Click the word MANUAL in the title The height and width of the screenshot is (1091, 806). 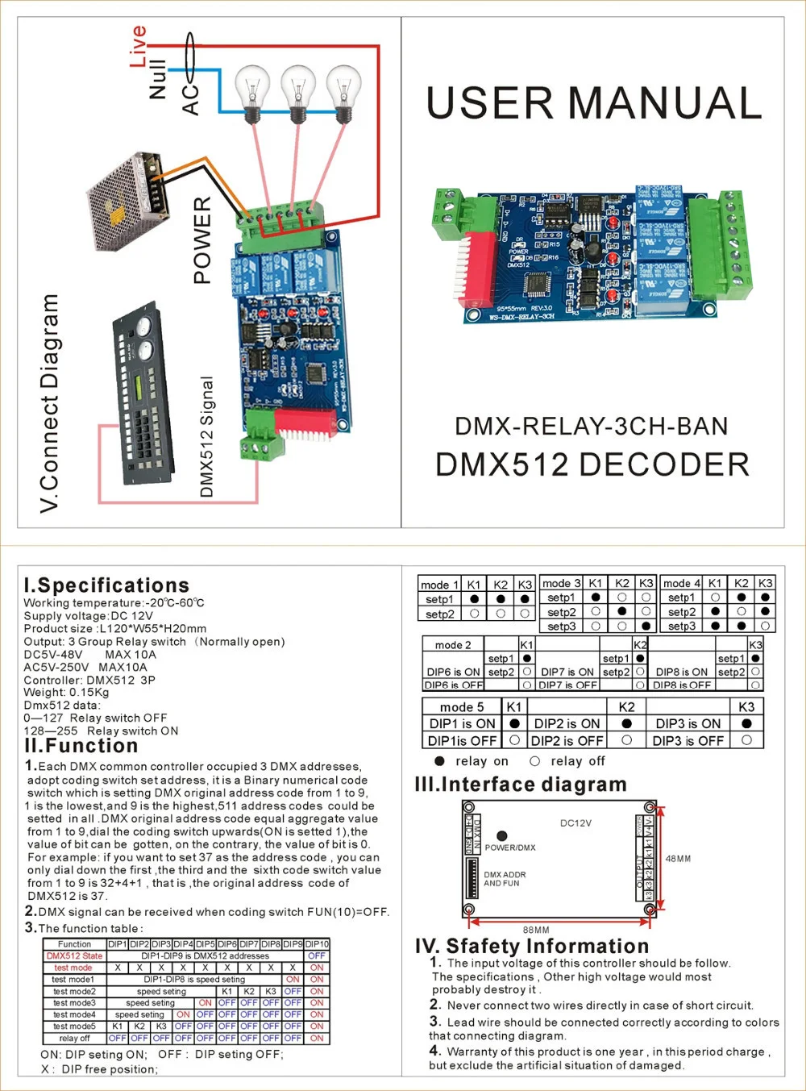665,103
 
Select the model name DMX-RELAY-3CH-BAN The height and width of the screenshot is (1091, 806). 592,426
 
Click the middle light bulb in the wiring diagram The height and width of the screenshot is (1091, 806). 298,93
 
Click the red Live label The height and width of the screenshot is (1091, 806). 138,46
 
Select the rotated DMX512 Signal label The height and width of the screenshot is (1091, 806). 206,436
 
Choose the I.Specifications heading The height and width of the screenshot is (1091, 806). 107,585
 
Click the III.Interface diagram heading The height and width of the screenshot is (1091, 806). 521,785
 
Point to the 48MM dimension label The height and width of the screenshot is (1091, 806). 678,859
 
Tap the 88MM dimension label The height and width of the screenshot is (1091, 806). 536,930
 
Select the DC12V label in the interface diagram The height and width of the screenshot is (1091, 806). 575,823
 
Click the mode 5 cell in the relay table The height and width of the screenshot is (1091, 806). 462,707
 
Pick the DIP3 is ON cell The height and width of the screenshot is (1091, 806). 688,724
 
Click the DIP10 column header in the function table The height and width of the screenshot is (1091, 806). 317,943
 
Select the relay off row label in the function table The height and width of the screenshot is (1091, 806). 74,1039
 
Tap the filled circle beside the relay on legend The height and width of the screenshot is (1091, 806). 439,761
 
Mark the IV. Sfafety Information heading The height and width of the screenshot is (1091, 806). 532,946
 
